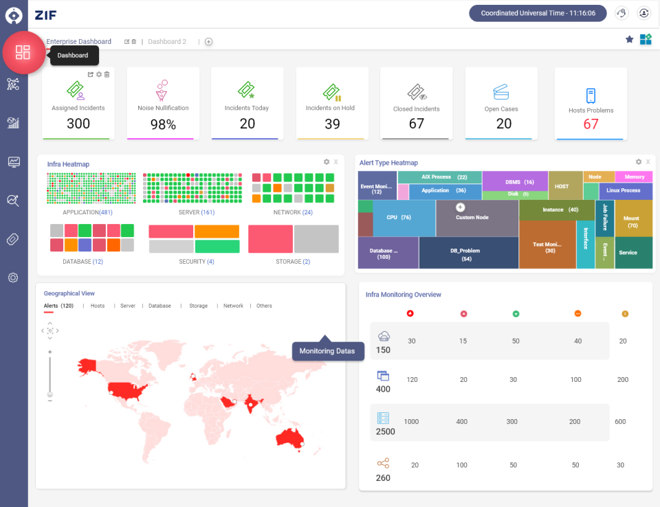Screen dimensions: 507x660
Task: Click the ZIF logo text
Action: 45,14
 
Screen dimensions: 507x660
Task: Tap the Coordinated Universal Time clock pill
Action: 538,13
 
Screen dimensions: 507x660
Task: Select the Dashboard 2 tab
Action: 167,41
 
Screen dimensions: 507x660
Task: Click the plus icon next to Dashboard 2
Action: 208,41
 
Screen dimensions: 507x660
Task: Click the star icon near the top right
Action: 629,40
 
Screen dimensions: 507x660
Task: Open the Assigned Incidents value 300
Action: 78,124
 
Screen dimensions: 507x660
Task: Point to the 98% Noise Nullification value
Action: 163,125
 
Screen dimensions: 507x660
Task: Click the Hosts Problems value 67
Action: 591,124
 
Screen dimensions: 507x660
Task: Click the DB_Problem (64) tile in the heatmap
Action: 469,254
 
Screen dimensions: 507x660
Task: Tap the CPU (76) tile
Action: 399,218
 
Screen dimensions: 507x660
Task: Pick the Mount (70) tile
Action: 632,222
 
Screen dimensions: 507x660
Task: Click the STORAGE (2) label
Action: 293,262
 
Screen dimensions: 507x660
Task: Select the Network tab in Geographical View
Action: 233,306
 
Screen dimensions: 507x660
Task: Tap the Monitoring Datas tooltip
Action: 327,351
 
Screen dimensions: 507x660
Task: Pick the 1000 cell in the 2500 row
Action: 411,422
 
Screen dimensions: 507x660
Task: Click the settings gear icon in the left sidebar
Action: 13,278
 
